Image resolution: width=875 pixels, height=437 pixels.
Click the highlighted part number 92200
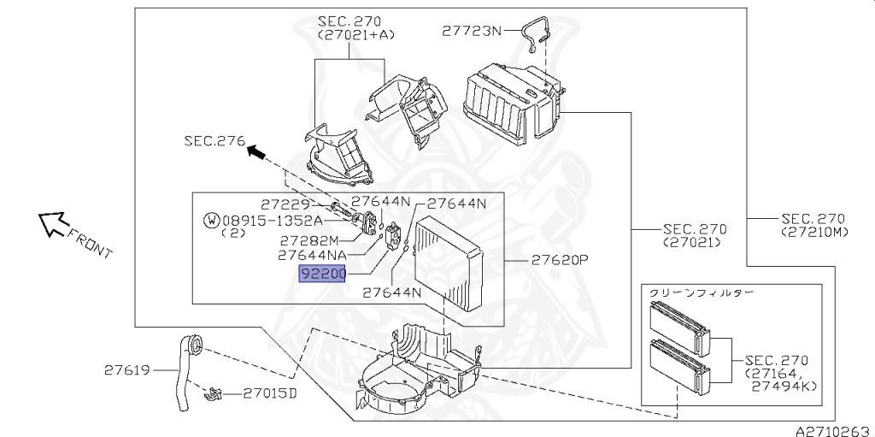322,274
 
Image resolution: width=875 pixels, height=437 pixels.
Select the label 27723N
472,31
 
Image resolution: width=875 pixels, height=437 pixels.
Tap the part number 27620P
560,260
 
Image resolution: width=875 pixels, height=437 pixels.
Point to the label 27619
127,370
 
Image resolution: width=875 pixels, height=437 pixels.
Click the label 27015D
269,393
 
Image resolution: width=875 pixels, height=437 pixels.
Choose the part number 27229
285,204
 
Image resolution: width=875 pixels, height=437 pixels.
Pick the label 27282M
309,241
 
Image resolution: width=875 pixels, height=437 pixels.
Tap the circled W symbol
212,220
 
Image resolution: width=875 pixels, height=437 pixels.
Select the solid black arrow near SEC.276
257,151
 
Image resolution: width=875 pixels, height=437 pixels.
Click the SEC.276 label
214,141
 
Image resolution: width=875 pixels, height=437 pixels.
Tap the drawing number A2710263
835,431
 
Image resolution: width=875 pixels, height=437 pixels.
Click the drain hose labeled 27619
187,372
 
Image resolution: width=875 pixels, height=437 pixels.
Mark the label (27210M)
814,232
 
